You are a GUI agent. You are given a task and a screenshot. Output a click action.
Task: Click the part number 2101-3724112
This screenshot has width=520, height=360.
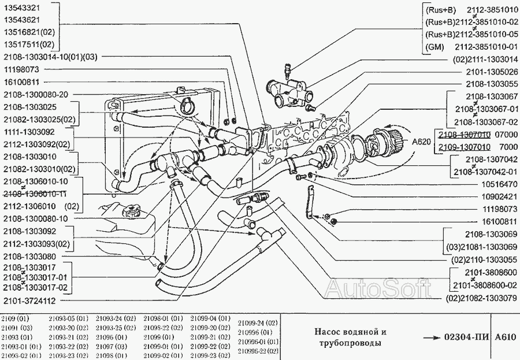(x=29, y=300)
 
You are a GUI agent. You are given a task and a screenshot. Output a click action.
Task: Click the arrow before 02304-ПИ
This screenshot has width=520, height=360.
(x=432, y=337)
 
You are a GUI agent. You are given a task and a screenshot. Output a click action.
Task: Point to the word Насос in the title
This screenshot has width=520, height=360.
(x=328, y=332)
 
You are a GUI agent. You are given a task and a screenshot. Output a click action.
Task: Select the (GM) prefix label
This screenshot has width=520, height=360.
(x=434, y=46)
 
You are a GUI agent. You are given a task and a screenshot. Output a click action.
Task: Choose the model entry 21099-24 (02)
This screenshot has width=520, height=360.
(x=258, y=322)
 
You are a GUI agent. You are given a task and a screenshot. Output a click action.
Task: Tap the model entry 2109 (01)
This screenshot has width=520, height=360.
(x=14, y=318)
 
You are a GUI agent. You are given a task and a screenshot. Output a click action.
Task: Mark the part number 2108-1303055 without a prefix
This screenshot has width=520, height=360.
(x=489, y=83)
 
